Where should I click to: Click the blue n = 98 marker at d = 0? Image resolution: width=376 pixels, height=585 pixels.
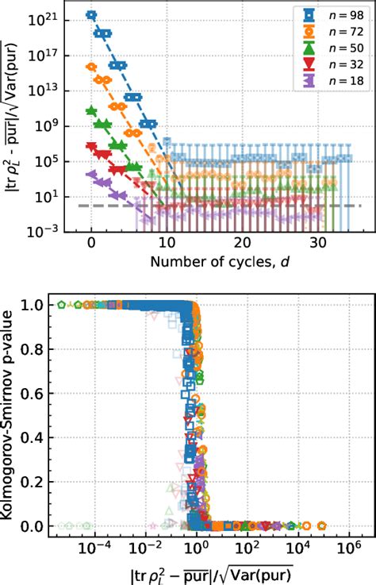tap(91, 14)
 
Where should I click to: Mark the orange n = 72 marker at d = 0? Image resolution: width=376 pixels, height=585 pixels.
tap(91, 67)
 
